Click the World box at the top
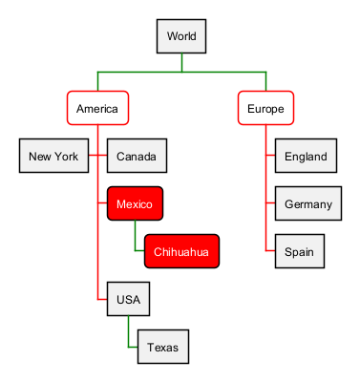181,36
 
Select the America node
97,108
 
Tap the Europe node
265,108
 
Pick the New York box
53,156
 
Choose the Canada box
137,156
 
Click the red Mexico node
135,203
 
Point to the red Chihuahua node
181,251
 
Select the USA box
128,299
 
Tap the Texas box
163,347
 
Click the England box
306,156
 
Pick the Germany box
308,203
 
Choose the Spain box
300,251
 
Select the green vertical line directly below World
181,62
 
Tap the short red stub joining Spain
270,251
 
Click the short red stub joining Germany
270,202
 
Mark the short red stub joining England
270,156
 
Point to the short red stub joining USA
102,299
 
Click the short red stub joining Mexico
102,202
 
